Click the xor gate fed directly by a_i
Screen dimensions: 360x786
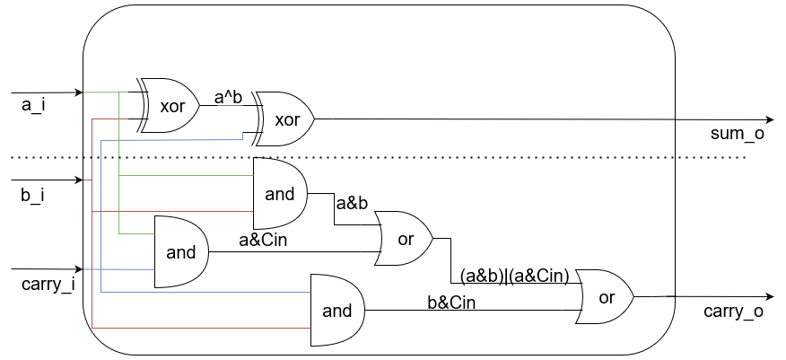pyautogui.click(x=170, y=105)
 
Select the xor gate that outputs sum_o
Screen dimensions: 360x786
pyautogui.click(x=284, y=119)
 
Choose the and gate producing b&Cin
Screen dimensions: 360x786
pyautogui.click(x=336, y=311)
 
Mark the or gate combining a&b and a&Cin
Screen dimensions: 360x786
pyautogui.click(x=405, y=240)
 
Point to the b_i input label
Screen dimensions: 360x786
pyautogui.click(x=33, y=194)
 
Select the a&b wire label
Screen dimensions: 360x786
pyautogui.click(x=352, y=205)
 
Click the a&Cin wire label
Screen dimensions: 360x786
pyautogui.click(x=263, y=240)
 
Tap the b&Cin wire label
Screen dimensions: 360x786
pyautogui.click(x=452, y=303)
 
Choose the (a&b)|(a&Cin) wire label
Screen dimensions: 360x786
pyautogui.click(x=514, y=276)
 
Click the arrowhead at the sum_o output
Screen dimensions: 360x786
pyautogui.click(x=769, y=120)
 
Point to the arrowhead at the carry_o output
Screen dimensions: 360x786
pyautogui.click(x=769, y=296)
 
